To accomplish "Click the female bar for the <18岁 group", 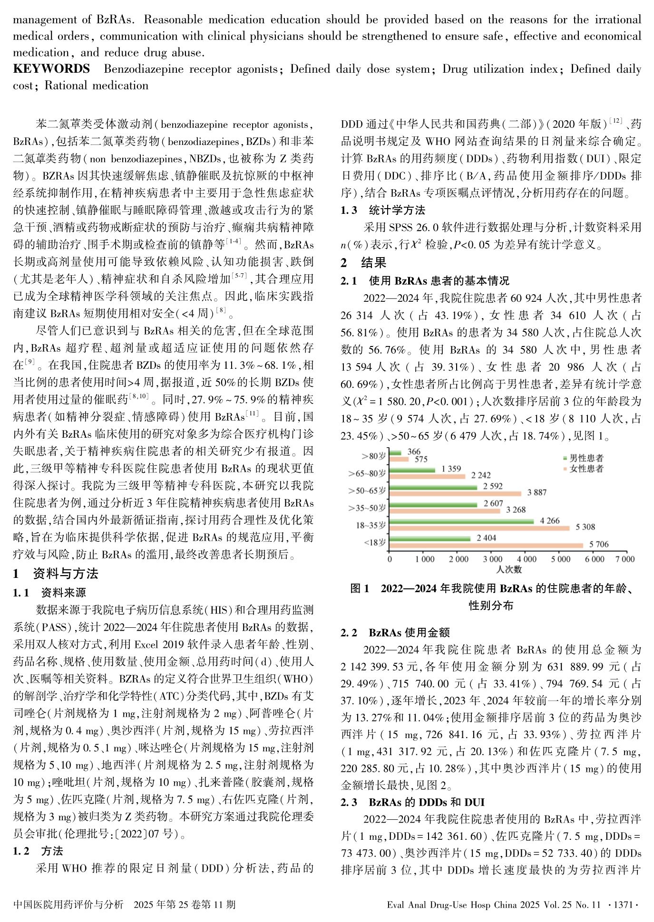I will click(485, 545).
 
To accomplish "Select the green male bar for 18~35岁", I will click(461, 521).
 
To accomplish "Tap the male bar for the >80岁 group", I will click(395, 453).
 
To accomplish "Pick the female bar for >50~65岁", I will click(455, 493).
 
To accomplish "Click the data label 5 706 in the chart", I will click(599, 544).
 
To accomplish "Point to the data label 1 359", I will click(451, 469).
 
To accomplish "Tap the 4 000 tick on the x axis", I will click(527, 559).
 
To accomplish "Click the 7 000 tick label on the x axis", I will click(625, 559).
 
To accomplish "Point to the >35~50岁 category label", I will click(367, 508).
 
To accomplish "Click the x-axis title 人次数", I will click(508, 569).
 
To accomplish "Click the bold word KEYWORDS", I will click(51, 69).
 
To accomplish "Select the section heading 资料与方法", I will click(65, 574).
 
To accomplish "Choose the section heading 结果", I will click(373, 263).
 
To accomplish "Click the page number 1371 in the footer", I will click(623, 904).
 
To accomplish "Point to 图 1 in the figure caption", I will click(360, 589).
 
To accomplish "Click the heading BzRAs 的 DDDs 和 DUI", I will click(427, 802).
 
